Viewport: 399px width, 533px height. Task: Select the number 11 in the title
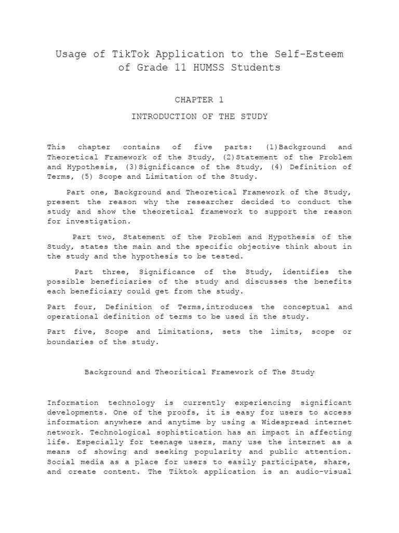tap(179, 68)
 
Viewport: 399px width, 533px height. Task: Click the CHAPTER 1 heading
tap(199, 99)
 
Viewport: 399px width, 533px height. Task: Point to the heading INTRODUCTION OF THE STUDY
tap(199, 117)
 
